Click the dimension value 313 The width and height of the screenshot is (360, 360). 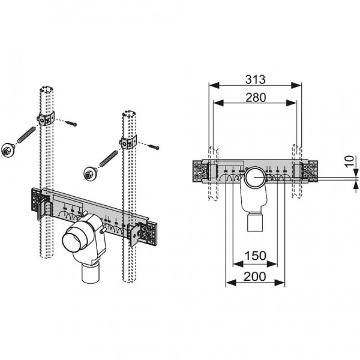point(256,79)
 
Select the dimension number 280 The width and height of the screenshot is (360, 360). point(256,97)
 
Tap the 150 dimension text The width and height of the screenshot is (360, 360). point(256,256)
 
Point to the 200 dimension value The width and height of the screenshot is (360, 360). point(255,277)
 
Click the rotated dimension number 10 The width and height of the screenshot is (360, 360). point(349,162)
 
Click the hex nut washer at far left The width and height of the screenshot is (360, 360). point(7,149)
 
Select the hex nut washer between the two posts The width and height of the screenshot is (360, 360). point(90,174)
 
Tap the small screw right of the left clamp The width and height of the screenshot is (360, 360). point(71,124)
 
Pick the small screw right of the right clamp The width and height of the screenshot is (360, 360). point(154,146)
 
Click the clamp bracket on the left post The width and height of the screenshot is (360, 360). point(46,119)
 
